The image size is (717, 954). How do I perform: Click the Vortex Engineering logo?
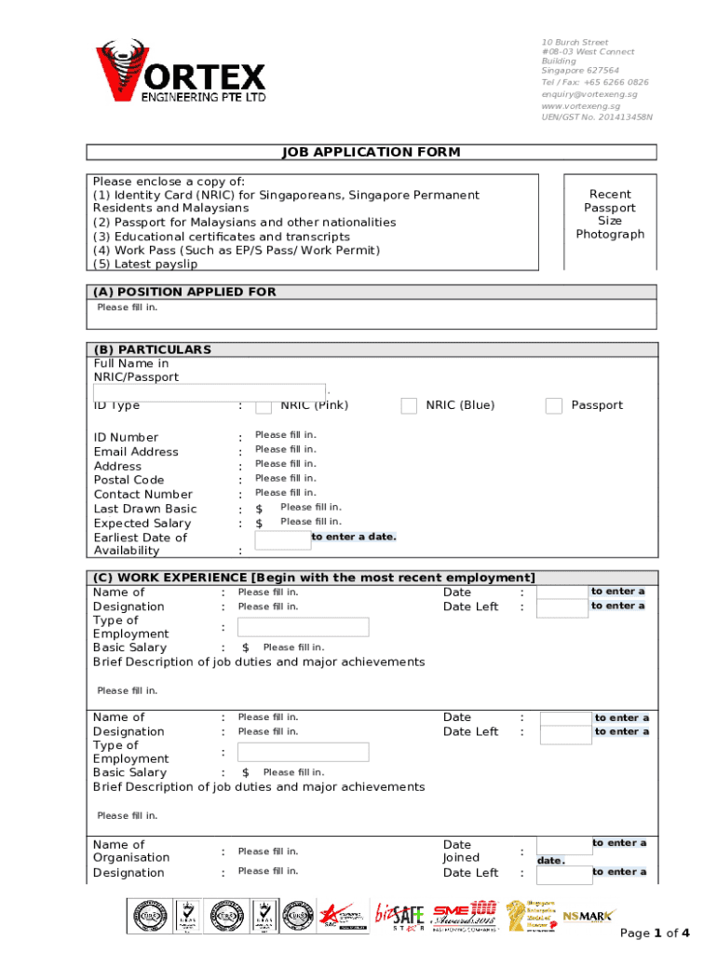coord(181,72)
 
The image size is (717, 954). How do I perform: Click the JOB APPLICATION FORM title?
coord(372,152)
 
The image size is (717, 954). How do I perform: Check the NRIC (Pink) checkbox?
coord(264,405)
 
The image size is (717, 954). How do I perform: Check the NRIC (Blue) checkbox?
coord(409,405)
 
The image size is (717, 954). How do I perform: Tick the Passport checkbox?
coord(554,405)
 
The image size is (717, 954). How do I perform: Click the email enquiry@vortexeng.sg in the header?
coord(589,94)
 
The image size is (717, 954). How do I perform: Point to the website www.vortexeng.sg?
coord(580,106)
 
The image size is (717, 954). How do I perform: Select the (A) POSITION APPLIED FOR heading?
coord(184,292)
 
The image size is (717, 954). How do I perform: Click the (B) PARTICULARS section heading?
coord(153,349)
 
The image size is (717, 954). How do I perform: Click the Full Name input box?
coord(210,391)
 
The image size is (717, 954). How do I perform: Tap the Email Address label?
coord(136,452)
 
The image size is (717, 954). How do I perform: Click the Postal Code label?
coord(129,480)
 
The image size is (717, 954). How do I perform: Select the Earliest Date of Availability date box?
coord(282,540)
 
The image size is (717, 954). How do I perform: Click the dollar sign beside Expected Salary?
coord(260,524)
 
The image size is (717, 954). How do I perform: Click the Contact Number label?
coord(142,495)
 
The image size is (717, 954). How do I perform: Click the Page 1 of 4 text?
coord(655,934)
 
